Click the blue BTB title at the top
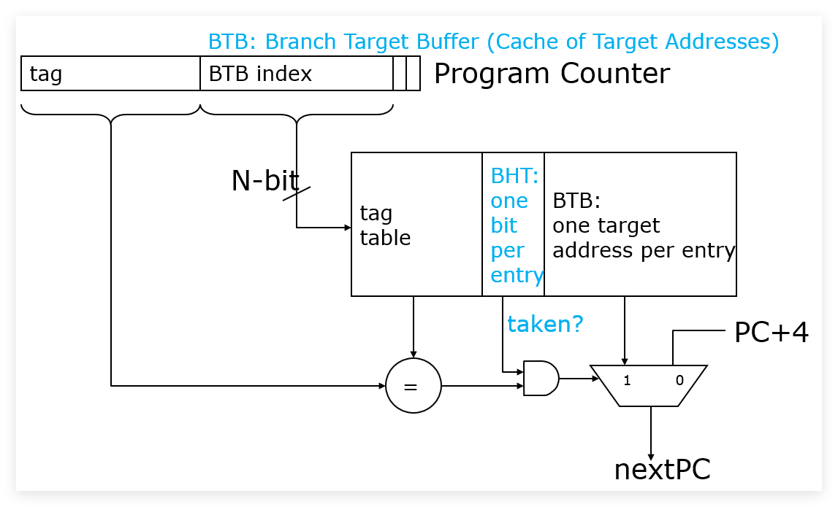pos(493,42)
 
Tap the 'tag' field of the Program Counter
pos(110,73)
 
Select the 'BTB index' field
pos(297,73)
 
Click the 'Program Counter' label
pos(552,73)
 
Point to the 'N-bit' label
pos(264,180)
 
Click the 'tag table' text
pos(385,225)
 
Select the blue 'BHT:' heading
pos(514,176)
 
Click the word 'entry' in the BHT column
pos(517,275)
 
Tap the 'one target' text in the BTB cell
pos(606,225)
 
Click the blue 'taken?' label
pos(545,324)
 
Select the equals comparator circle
pos(413,385)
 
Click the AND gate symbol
pos(541,379)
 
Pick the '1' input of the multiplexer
pos(627,381)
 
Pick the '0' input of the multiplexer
pos(679,381)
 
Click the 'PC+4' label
pos(772,332)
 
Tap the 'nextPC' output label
pos(662,470)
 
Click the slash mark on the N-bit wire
pos(297,193)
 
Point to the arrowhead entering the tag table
pos(348,228)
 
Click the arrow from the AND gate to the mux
pos(579,379)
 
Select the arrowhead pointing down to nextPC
pos(651,455)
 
